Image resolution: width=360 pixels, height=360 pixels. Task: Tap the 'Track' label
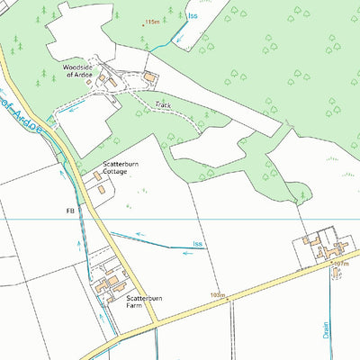(x=162, y=105)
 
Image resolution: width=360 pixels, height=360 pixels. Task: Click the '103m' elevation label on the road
(x=216, y=294)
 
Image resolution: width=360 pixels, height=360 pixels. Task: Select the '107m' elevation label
(x=339, y=264)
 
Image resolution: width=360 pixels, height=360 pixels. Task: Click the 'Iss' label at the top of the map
(x=193, y=16)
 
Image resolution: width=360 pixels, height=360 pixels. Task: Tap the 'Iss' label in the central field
(x=197, y=245)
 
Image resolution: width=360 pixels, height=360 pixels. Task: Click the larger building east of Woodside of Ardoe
(x=150, y=78)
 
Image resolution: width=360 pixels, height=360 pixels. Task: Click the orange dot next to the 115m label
(x=144, y=24)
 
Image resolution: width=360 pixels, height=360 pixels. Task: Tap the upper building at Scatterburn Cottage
(x=96, y=177)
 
